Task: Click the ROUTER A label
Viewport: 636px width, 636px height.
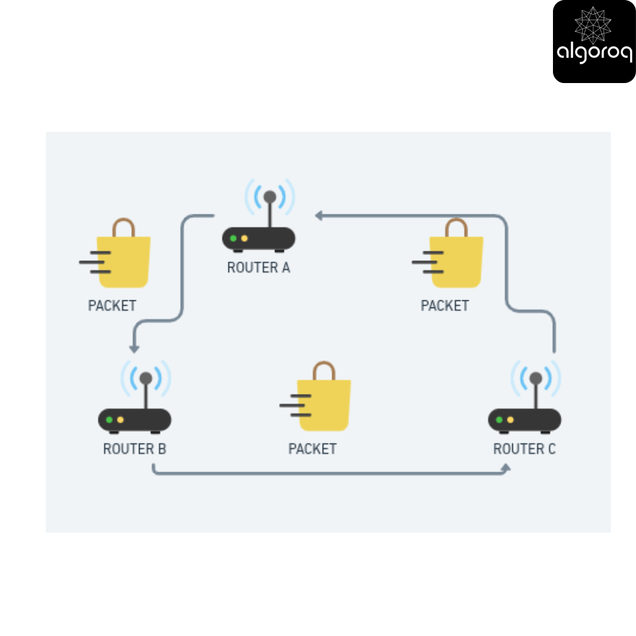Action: [x=259, y=268]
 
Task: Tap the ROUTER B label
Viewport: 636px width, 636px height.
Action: [x=135, y=449]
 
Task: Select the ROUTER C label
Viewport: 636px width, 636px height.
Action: [x=525, y=449]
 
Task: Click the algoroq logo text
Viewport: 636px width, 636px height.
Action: [x=595, y=53]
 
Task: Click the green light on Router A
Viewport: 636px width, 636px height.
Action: [x=233, y=238]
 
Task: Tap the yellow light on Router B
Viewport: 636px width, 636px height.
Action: [x=121, y=420]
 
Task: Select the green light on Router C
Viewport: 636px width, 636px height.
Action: [x=499, y=420]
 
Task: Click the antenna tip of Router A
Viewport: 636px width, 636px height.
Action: [x=270, y=197]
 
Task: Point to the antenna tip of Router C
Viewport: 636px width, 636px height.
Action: [x=536, y=379]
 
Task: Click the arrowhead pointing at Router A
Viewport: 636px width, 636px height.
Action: [x=319, y=216]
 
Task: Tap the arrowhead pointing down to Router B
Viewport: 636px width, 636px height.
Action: [x=134, y=349]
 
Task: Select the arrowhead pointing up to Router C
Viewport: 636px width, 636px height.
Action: [x=506, y=468]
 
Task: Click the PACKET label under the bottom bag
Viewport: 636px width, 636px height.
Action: [x=312, y=449]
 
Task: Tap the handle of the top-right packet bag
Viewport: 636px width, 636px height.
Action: [x=456, y=227]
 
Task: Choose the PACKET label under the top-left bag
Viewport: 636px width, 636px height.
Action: [x=112, y=306]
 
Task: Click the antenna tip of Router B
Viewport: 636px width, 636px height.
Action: [x=145, y=379]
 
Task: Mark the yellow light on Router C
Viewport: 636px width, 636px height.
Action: [x=510, y=420]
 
